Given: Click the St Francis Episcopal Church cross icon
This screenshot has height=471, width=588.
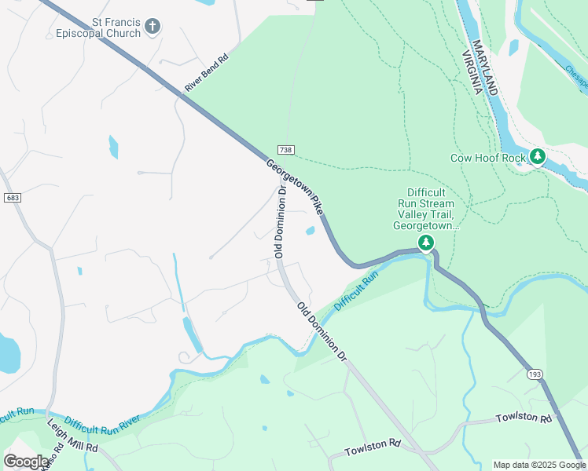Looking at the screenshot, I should pyautogui.click(x=153, y=27).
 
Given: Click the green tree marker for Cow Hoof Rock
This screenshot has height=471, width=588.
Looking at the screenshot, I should pyautogui.click(x=538, y=157).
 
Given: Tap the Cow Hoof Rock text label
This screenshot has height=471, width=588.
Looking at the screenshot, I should pyautogui.click(x=487, y=158).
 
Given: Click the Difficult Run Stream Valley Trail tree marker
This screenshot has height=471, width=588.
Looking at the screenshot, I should pyautogui.click(x=426, y=243).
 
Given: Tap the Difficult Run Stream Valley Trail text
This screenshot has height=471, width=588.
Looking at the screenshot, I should pyautogui.click(x=426, y=209).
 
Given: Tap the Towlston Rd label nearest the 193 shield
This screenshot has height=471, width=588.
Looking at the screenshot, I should pyautogui.click(x=524, y=418).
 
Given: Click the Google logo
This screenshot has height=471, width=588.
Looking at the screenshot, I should pyautogui.click(x=25, y=462).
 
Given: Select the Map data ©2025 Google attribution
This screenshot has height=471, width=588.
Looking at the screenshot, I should pyautogui.click(x=539, y=465).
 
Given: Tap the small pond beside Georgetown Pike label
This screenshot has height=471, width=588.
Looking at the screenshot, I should pyautogui.click(x=311, y=231).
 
